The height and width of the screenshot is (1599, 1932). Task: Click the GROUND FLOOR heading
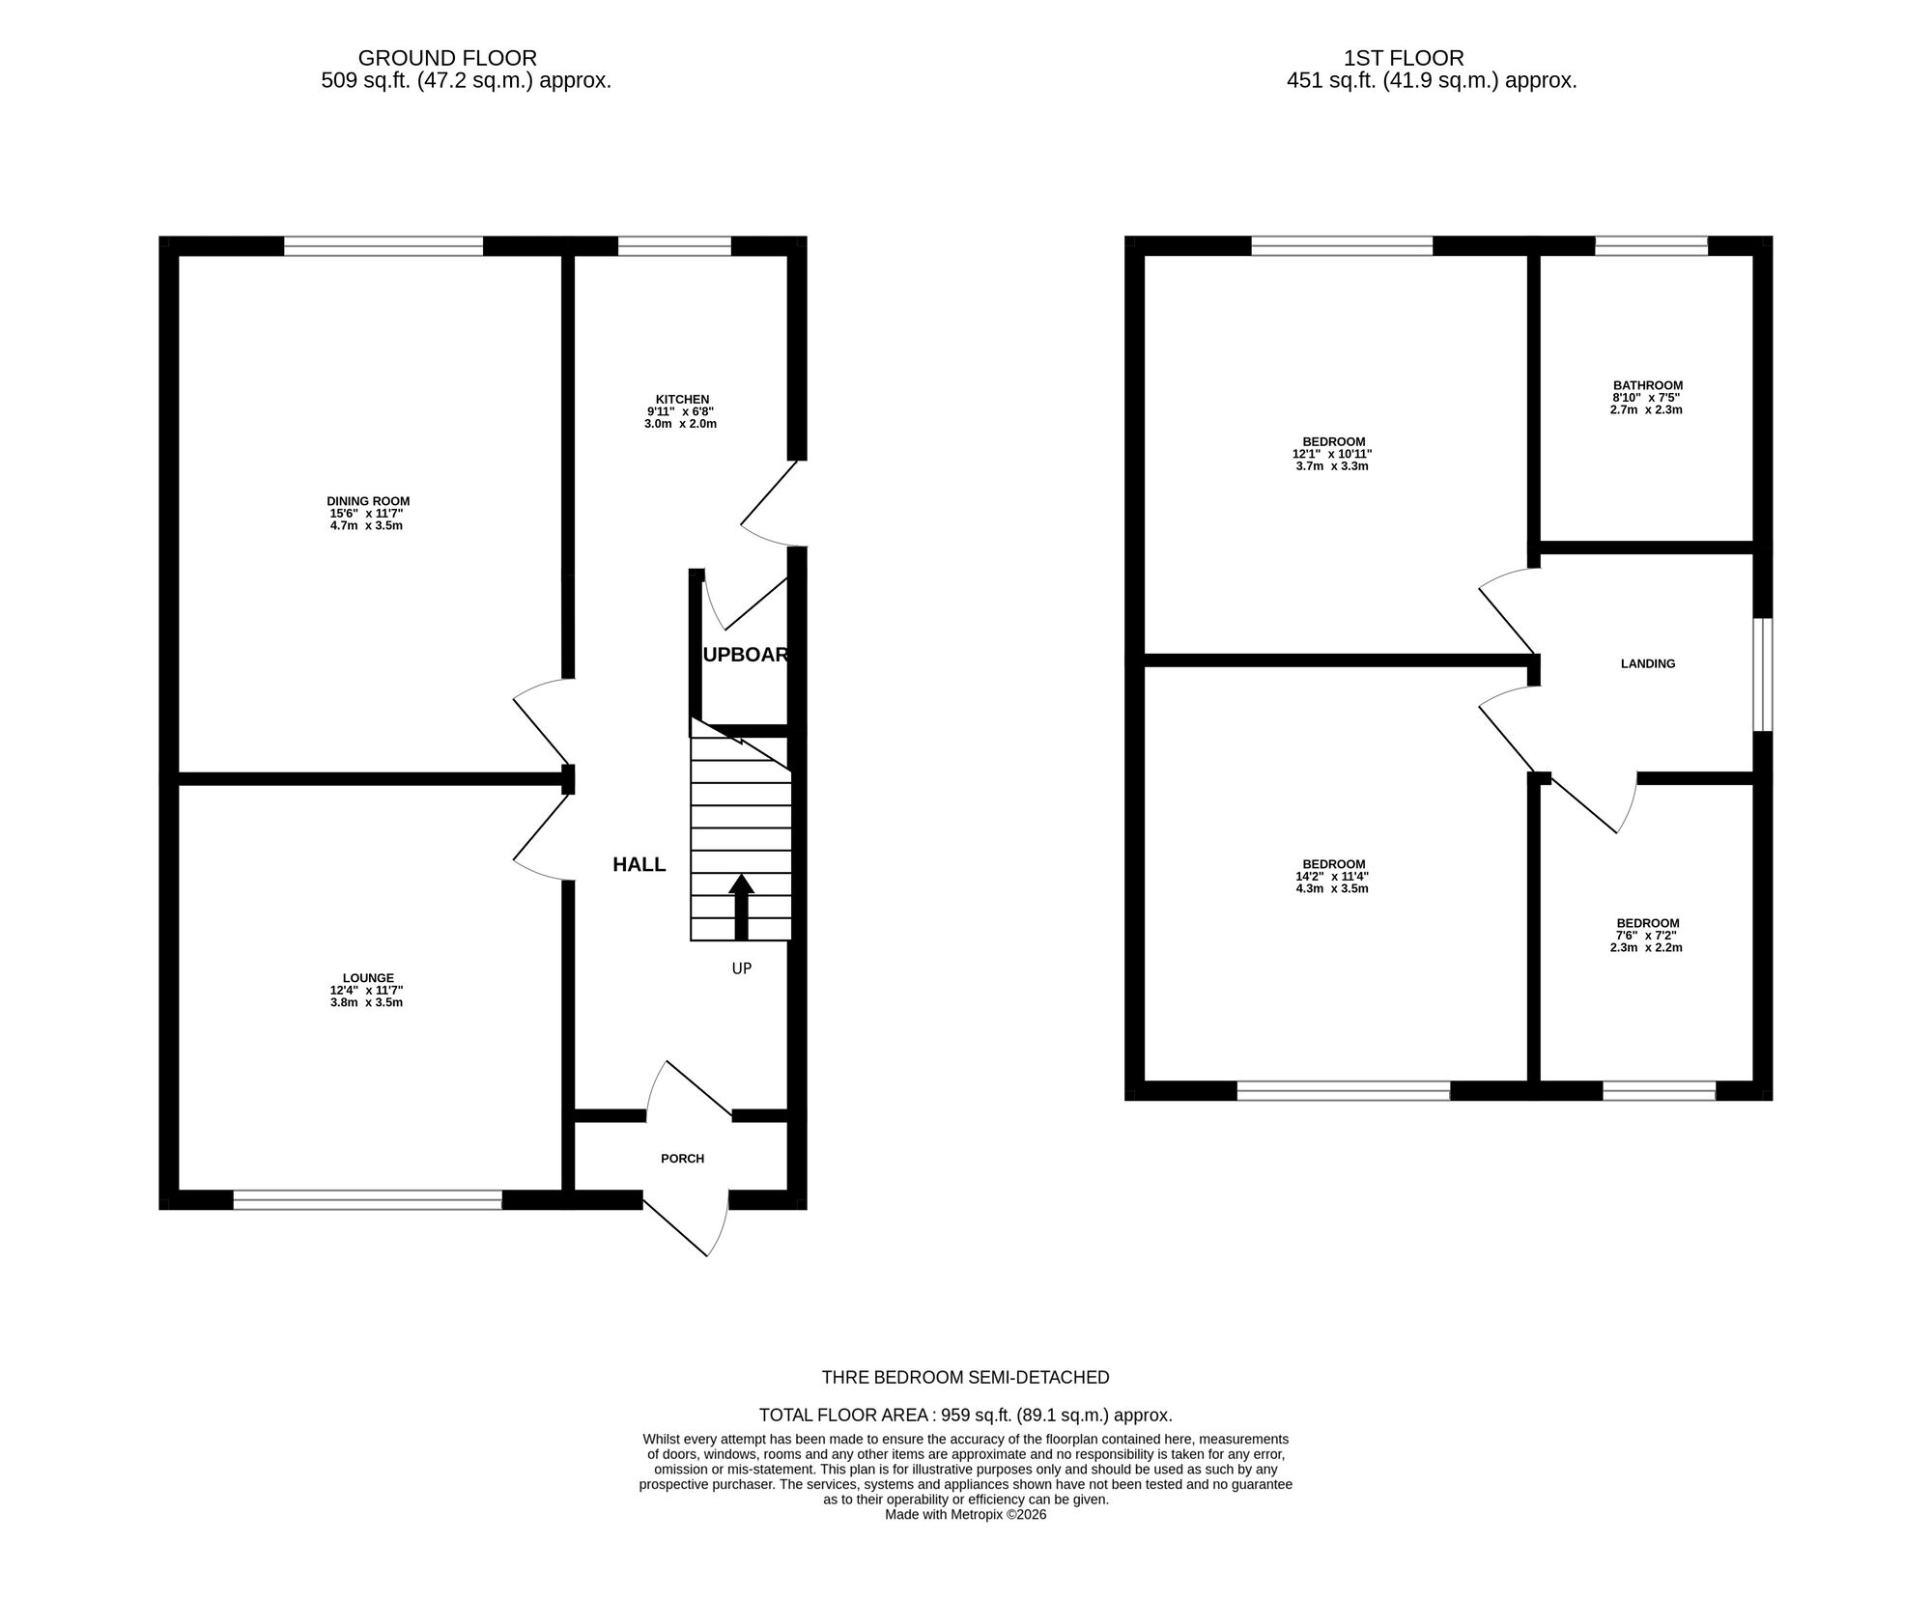pos(447,59)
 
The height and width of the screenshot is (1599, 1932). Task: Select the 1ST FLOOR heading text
pos(1403,59)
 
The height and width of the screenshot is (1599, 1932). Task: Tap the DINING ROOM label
pos(368,501)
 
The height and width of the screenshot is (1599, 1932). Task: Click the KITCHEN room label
pos(682,399)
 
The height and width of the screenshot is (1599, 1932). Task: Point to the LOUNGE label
pos(368,977)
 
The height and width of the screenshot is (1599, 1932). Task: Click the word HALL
pos(639,864)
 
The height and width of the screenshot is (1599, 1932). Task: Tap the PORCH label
pos(682,1158)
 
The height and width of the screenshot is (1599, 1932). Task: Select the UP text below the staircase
pos(741,968)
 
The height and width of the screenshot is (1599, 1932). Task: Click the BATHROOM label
pos(1647,385)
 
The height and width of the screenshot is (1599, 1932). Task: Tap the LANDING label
pos(1647,663)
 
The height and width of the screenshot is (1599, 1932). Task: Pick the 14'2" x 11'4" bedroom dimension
pos(1333,877)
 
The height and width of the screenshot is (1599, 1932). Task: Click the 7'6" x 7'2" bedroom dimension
pos(1647,936)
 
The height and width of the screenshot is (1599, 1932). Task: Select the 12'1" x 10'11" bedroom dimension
pos(1333,454)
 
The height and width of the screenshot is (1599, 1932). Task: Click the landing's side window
pos(1763,674)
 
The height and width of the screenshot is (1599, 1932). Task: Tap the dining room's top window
pos(384,246)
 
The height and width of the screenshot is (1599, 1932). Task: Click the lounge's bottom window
pos(368,1199)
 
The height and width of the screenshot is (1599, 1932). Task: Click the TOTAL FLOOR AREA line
pos(965,1416)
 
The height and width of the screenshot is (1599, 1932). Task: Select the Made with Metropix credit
pos(965,1515)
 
